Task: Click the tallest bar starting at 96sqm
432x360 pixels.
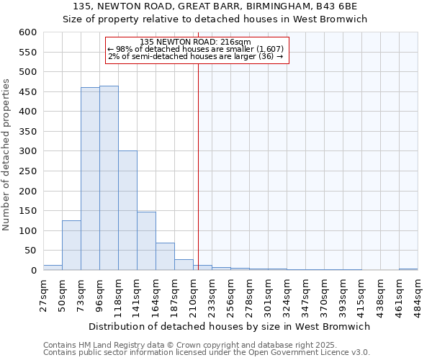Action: [109, 178]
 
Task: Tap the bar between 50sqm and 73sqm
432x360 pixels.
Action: [71, 245]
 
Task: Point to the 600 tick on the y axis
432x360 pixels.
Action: [27, 32]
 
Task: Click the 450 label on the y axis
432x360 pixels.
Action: [27, 92]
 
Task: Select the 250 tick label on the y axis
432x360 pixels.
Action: [27, 171]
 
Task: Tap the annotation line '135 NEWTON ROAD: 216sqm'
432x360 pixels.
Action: [195, 42]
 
